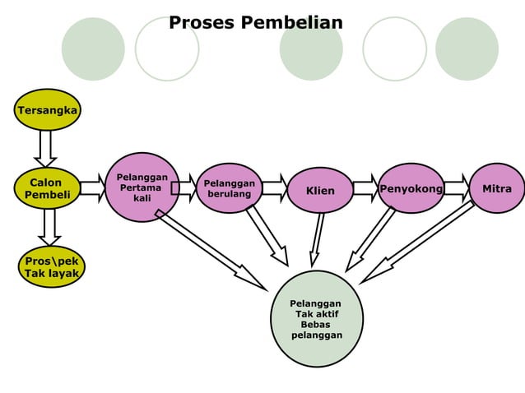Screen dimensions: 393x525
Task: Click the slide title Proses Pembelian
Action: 255,22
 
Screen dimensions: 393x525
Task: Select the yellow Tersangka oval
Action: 48,110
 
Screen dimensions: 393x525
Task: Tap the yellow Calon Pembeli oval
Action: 47,188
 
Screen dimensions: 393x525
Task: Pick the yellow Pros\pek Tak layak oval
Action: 51,266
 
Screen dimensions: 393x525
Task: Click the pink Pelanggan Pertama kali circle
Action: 142,187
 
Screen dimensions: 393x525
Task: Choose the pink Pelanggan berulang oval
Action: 229,188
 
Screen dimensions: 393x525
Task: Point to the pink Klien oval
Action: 320,191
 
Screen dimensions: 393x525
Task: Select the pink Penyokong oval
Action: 411,189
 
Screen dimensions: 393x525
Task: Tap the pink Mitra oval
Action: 497,189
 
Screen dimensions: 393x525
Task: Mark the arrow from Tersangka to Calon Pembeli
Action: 47,148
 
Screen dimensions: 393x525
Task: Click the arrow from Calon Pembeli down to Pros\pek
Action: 49,226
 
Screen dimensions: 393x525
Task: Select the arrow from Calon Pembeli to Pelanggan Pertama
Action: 92,188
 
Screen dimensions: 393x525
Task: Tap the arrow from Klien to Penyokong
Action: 365,188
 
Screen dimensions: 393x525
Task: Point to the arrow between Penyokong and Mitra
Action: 457,188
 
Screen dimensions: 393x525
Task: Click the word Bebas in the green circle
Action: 316,325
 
